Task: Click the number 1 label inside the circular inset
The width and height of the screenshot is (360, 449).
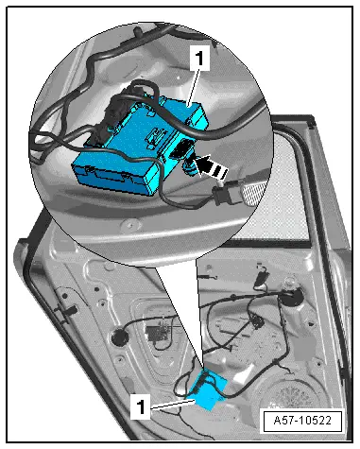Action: point(199,58)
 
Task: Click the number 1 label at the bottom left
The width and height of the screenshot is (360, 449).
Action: point(141,407)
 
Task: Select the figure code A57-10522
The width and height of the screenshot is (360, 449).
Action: point(302,421)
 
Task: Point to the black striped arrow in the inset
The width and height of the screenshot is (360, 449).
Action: point(210,166)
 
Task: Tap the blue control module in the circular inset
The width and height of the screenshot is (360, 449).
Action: point(140,144)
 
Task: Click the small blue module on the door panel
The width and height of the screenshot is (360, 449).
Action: point(208,390)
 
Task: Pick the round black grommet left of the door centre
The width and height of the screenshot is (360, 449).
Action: point(119,337)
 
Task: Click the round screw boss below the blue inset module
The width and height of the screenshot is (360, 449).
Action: point(129,224)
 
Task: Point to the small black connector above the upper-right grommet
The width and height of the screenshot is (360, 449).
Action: point(262,277)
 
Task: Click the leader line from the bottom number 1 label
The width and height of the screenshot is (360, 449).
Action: point(173,404)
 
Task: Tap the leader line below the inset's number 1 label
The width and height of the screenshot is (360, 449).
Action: point(193,88)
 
